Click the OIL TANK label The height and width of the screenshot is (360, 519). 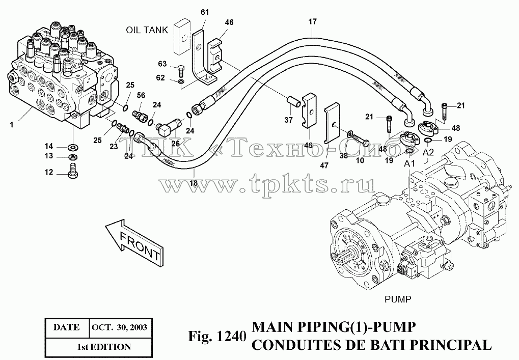[147, 30]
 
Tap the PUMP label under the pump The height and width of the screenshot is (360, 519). [397, 299]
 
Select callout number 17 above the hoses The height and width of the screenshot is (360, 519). [312, 22]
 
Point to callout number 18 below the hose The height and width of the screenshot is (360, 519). [194, 183]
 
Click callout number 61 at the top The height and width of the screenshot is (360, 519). [205, 12]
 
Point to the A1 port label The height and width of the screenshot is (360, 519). [409, 164]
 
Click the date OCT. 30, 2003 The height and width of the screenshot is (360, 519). [120, 327]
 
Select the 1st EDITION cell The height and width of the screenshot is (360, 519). [103, 347]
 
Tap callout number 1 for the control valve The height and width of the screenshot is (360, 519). [12, 125]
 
